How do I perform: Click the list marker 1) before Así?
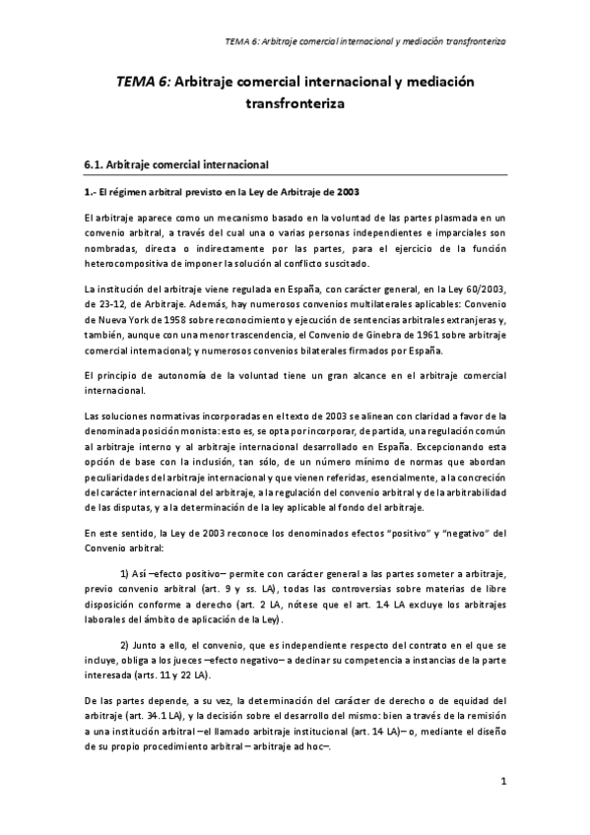point(127,572)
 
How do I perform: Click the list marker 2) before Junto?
point(127,645)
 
